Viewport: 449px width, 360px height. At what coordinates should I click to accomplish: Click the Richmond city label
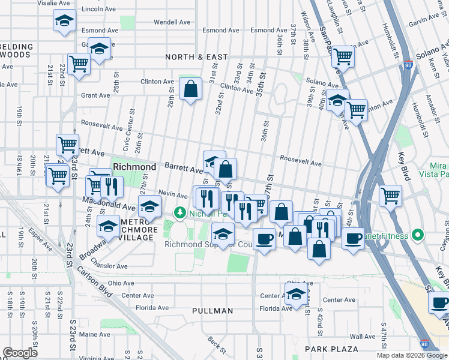pyautogui.click(x=134, y=166)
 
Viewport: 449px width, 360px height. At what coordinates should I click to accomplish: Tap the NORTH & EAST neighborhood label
pyautogui.click(x=197, y=57)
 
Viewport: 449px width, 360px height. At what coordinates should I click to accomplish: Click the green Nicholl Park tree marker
pyautogui.click(x=179, y=212)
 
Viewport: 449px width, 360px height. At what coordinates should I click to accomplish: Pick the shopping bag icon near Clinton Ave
pyautogui.click(x=190, y=89)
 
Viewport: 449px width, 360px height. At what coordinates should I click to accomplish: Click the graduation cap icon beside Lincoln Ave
pyautogui.click(x=64, y=21)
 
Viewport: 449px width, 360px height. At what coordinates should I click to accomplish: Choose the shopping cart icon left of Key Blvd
pyautogui.click(x=391, y=196)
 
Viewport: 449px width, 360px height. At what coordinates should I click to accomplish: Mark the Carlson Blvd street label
pyautogui.click(x=93, y=281)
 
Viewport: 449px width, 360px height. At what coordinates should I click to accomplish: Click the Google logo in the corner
pyautogui.click(x=20, y=353)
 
